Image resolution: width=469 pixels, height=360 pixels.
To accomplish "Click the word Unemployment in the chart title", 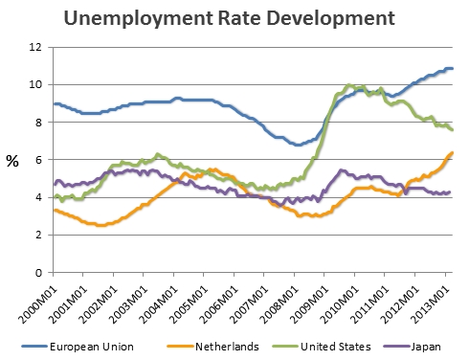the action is coord(139,19).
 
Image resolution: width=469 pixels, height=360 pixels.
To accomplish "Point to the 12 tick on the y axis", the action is coord(35,47).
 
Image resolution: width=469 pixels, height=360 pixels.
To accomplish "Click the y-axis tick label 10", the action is coord(35,84).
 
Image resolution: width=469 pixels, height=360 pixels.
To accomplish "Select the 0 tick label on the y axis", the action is coord(38,273).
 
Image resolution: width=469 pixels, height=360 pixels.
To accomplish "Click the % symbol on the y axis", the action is coord(12,161).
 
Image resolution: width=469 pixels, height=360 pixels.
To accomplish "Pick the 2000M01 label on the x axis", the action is coord(38,304).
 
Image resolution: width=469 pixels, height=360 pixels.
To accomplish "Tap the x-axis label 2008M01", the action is coord(279,304).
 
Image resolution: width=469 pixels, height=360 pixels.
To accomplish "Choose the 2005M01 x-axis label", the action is coord(189,304).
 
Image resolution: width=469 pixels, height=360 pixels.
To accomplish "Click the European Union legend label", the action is coord(92,347).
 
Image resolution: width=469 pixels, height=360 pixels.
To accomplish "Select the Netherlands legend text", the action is coord(227,347).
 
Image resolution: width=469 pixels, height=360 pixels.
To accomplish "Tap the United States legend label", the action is coord(336,347).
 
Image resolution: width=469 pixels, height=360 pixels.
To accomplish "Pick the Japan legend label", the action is coord(426,347).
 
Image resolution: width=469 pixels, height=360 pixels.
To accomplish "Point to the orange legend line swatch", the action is coord(181,347).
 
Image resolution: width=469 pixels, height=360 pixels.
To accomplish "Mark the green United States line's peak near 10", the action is coord(348,85).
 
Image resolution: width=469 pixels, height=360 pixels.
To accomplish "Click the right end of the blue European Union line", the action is coord(453,68).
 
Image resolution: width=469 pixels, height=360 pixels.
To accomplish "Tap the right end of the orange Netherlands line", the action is coord(453,152).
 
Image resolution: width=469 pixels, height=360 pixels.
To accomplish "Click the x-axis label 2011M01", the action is coord(370,304).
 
